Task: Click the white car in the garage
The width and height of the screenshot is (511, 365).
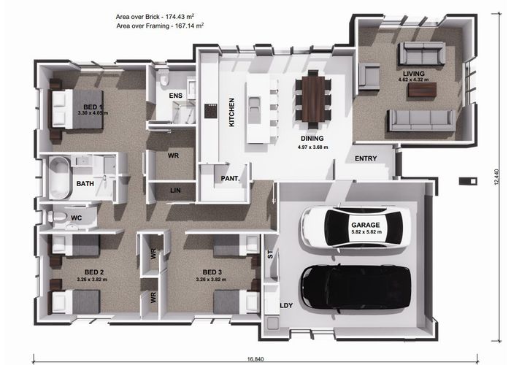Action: pyautogui.click(x=356, y=227)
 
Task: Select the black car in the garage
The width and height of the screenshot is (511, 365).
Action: pyautogui.click(x=356, y=288)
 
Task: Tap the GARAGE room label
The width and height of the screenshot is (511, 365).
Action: pyautogui.click(x=365, y=225)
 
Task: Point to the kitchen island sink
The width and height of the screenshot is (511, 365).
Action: pyautogui.click(x=253, y=106)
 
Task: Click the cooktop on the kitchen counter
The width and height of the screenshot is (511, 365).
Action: pyautogui.click(x=210, y=111)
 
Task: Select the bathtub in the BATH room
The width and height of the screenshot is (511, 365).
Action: pyautogui.click(x=59, y=177)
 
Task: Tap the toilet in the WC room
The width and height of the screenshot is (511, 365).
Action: pyautogui.click(x=57, y=216)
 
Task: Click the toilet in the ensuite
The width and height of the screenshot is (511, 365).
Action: pyautogui.click(x=164, y=79)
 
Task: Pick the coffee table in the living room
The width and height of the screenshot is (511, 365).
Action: pyautogui.click(x=422, y=90)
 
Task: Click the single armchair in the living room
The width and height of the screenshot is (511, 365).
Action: pyautogui.click(x=369, y=77)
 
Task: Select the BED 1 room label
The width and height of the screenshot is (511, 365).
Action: pyautogui.click(x=93, y=107)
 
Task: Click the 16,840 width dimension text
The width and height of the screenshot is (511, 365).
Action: pyautogui.click(x=255, y=359)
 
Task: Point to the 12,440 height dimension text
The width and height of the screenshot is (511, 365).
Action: pyautogui.click(x=496, y=177)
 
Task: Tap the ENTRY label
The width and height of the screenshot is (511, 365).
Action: pyautogui.click(x=366, y=158)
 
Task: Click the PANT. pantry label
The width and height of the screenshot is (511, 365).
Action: pyautogui.click(x=230, y=179)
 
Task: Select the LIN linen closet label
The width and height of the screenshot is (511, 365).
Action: pyautogui.click(x=175, y=191)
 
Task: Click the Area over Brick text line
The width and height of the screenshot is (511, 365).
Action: pyautogui.click(x=155, y=16)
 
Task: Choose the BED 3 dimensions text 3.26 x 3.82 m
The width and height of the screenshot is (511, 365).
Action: pyautogui.click(x=211, y=280)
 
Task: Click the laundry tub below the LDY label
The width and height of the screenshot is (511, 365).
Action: pyautogui.click(x=273, y=323)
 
